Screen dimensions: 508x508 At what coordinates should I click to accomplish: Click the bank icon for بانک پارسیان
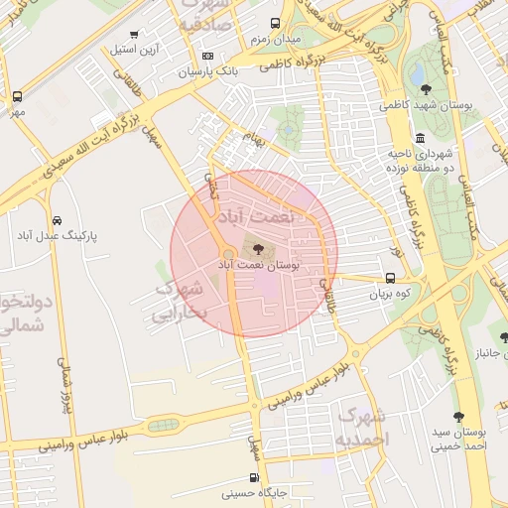click(x=207, y=57)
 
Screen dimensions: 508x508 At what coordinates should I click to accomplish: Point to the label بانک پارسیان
click(x=207, y=72)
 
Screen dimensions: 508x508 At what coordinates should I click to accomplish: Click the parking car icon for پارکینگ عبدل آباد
click(x=58, y=219)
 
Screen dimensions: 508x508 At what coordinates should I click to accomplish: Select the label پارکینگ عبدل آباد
click(x=58, y=236)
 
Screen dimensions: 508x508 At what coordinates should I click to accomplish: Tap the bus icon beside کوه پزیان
click(x=389, y=279)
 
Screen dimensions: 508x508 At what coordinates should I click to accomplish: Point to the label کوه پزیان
click(x=389, y=295)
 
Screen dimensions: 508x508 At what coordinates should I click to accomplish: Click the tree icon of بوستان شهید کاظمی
click(x=426, y=89)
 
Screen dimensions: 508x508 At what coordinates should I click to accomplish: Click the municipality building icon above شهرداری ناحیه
click(x=421, y=138)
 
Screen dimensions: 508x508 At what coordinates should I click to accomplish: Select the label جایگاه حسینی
click(x=259, y=493)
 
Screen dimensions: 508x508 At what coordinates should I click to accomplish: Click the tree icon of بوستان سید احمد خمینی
click(x=458, y=417)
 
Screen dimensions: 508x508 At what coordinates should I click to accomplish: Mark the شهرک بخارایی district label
click(x=183, y=301)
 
